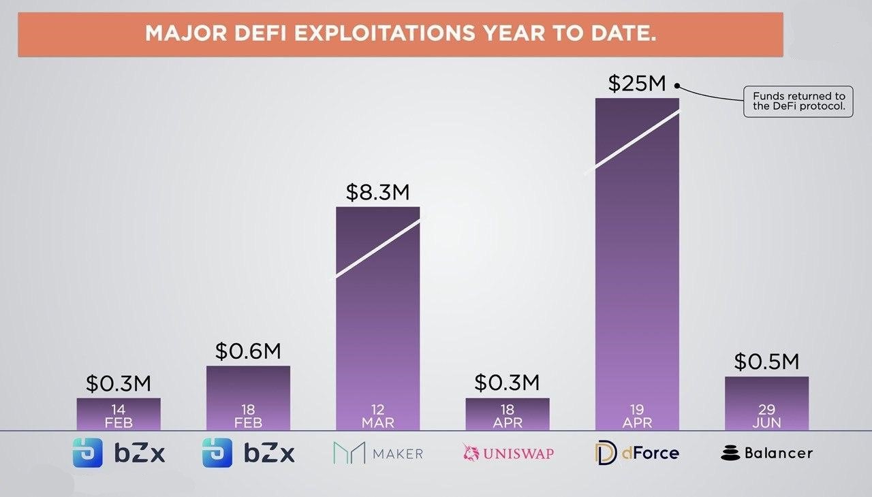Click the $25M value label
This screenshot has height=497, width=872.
[x=637, y=84]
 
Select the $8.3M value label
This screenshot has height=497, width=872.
[x=377, y=192]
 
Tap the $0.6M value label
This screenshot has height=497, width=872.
[x=248, y=351]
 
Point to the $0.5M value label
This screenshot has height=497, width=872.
[x=766, y=362]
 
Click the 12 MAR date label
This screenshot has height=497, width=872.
[x=378, y=416]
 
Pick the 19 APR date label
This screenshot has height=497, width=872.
[x=637, y=416]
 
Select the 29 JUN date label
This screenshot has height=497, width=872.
[x=767, y=416]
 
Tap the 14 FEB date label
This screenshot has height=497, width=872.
[x=119, y=416]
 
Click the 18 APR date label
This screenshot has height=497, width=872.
[x=508, y=416]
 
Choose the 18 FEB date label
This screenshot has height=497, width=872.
[x=248, y=416]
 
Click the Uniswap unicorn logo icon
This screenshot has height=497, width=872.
[x=471, y=453]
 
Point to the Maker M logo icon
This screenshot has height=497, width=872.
[x=349, y=453]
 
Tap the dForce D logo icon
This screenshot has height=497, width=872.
[x=606, y=453]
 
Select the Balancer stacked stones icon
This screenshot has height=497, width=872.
[x=730, y=453]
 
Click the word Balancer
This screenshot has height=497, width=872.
[x=779, y=453]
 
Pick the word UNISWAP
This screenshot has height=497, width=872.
[x=518, y=453]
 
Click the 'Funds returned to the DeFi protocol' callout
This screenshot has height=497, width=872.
[x=798, y=101]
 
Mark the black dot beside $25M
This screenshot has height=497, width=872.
[x=677, y=86]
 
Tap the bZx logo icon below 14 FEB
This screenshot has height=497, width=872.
[x=88, y=453]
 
